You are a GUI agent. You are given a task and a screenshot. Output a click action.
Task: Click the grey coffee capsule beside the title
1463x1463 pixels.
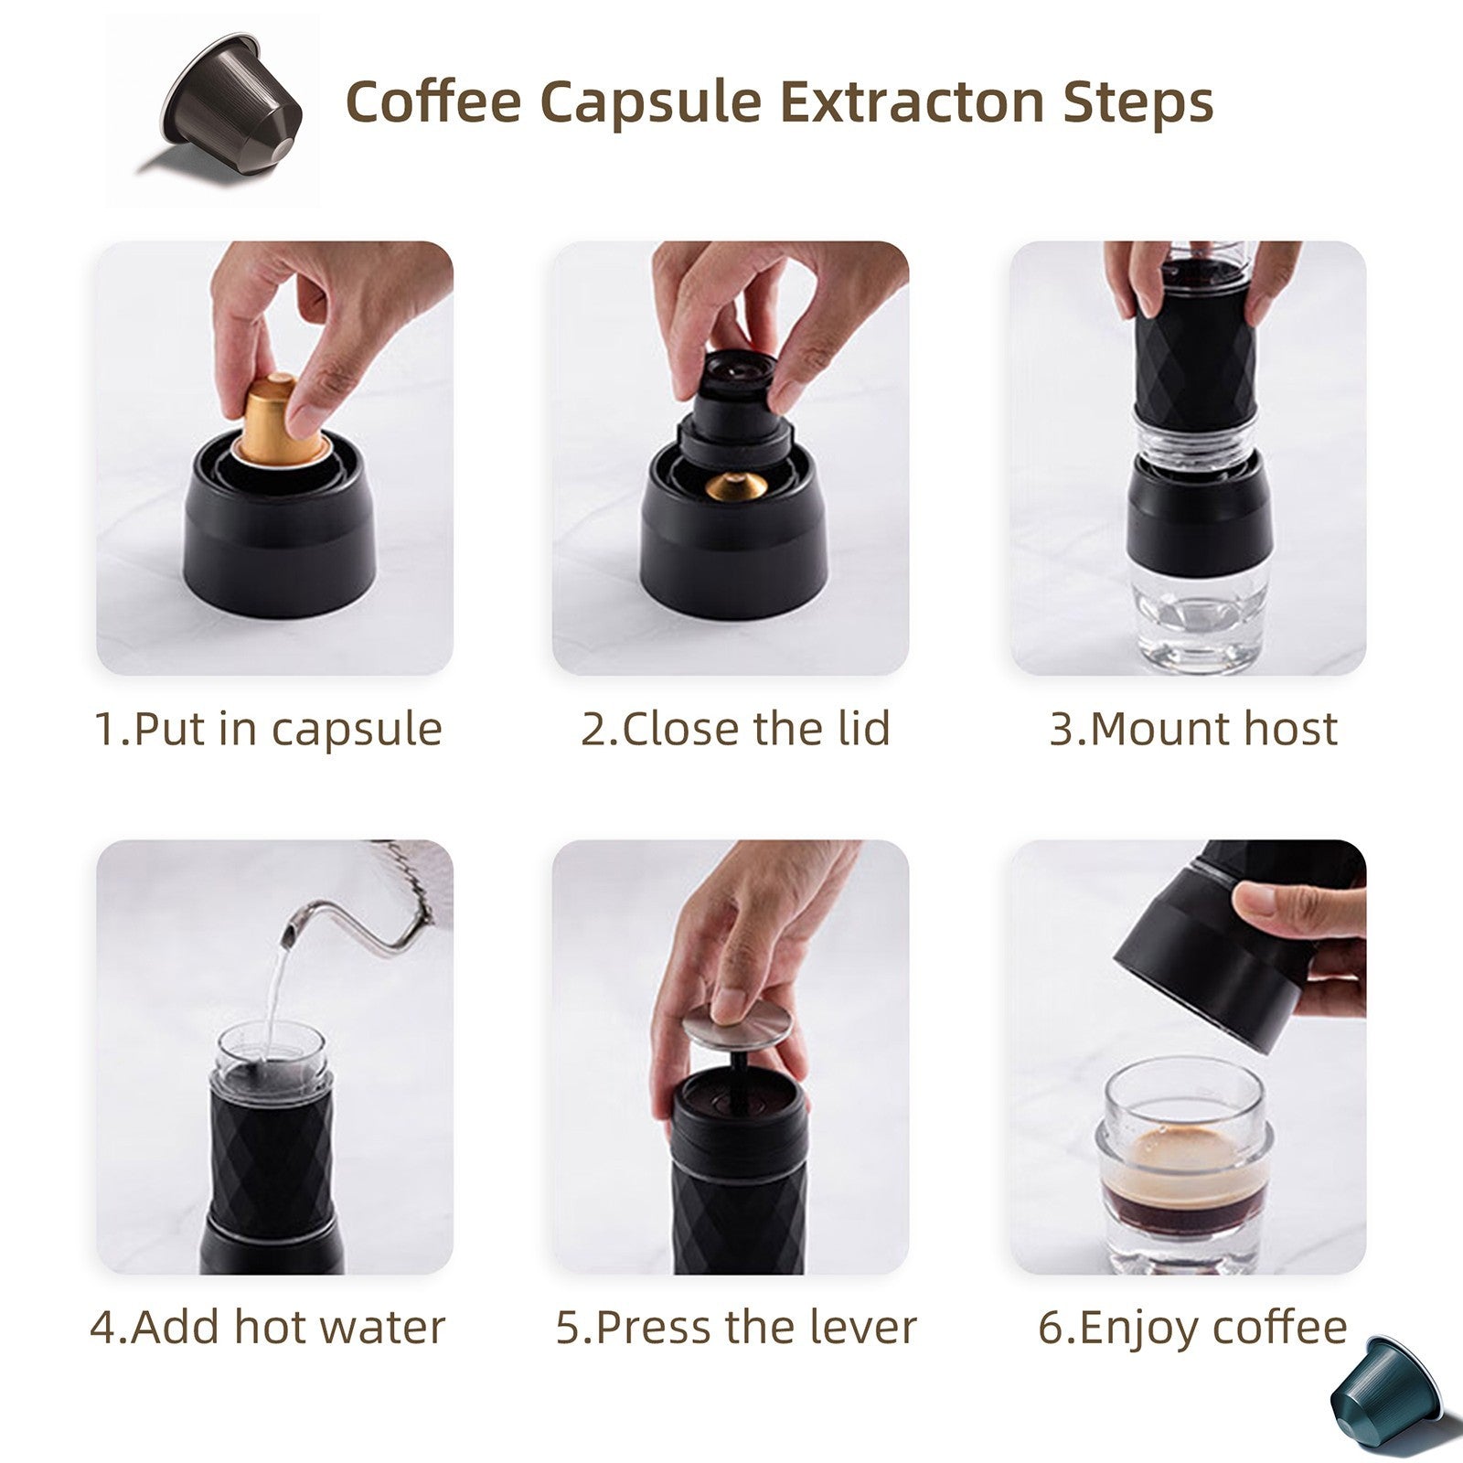[x=232, y=101]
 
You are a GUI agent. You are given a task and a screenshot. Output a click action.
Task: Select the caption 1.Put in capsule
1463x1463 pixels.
[x=269, y=729]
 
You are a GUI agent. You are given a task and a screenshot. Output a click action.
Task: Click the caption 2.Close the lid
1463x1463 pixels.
[x=735, y=729]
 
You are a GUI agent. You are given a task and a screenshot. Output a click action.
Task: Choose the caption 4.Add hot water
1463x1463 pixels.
[x=267, y=1327]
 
